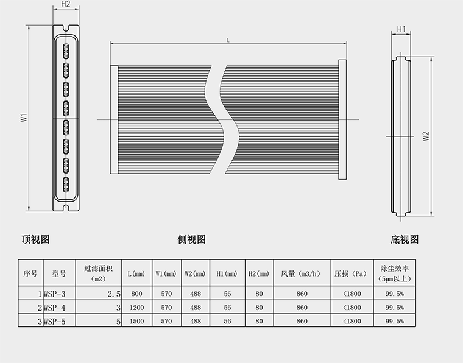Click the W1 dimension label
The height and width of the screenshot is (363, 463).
[x=23, y=118]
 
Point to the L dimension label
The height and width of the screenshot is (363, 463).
[x=228, y=40]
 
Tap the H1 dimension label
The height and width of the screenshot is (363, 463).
[x=401, y=29]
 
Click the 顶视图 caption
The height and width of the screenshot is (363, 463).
[x=35, y=239]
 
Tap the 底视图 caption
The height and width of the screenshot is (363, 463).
[x=405, y=239]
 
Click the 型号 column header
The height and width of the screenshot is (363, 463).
[x=59, y=273]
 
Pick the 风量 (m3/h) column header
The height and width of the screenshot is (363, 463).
[x=302, y=273]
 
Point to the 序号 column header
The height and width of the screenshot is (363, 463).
[x=30, y=273]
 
